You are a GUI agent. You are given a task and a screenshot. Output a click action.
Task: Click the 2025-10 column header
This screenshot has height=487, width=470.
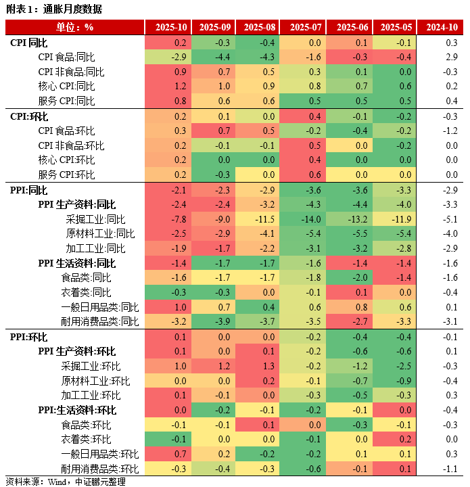171,27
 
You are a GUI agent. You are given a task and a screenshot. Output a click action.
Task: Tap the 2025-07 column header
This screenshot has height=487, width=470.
305,27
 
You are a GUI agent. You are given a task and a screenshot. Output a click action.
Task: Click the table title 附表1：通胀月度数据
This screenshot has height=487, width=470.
53,9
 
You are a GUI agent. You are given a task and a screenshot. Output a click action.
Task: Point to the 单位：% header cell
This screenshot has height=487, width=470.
74,27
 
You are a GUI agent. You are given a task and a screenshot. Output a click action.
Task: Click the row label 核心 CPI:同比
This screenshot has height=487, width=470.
67,87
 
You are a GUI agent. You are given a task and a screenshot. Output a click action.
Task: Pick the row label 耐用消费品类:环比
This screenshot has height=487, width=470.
99,469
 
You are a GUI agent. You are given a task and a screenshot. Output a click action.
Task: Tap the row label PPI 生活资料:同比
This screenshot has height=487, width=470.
76,263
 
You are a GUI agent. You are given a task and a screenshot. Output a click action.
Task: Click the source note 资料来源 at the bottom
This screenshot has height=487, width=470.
65,482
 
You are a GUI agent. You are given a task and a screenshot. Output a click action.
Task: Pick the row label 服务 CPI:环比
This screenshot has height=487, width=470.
67,175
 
